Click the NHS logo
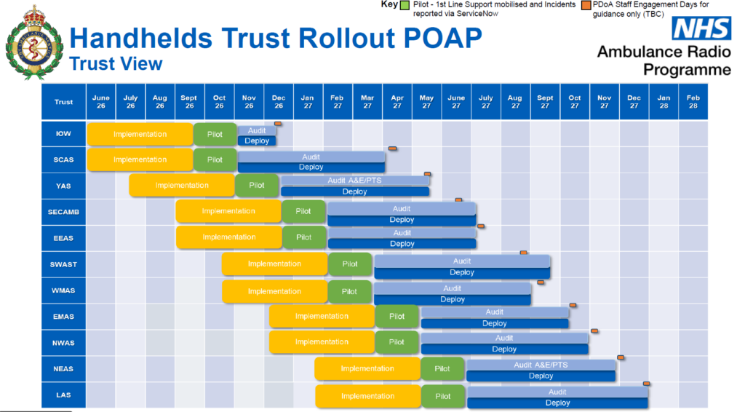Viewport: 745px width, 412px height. coord(701,29)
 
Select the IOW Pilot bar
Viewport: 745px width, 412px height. coord(215,134)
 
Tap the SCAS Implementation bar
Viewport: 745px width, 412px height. coord(140,159)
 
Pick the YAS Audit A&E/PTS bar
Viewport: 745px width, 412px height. coord(355,181)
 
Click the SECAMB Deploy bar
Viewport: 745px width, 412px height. coord(402,220)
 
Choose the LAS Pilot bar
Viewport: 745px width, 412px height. coord(443,396)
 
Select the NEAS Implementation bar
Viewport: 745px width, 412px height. coord(367,368)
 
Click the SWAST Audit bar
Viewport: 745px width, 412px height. coord(462,261)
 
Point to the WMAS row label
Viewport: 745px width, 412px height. coord(64,290)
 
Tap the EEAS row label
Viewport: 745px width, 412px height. coord(64,238)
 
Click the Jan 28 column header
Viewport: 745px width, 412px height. coord(664,102)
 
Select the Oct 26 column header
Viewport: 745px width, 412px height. coord(220,102)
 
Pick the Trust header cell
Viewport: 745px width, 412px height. coord(64,102)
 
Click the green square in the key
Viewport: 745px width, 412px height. coord(405,6)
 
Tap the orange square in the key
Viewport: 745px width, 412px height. coord(586,6)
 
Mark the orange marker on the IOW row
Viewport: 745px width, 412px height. coord(278,124)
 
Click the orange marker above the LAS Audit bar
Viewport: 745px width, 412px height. coord(646,383)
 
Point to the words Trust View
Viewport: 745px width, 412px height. coord(116,63)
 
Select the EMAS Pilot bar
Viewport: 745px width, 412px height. coord(397,317)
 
